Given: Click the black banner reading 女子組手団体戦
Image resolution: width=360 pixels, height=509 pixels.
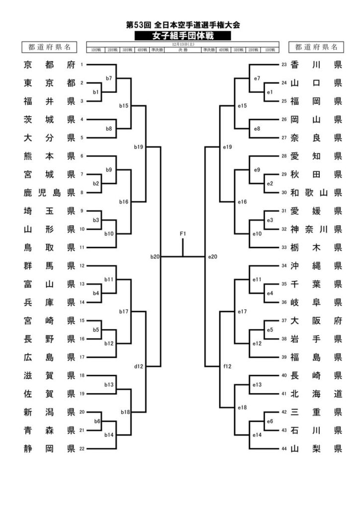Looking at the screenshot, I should pos(182,36).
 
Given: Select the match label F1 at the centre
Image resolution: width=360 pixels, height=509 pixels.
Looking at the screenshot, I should pos(183,234).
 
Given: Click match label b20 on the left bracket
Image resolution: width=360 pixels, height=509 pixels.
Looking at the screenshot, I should pos(155,257).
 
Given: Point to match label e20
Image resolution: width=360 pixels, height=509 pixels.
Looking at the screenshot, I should pos(213,257).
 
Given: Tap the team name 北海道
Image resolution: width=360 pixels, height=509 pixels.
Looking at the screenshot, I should pos(316,394).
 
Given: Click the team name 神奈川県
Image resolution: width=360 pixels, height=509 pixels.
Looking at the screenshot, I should pos(316,229).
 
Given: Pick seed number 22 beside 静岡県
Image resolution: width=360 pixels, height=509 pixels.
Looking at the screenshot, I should pos(82,449).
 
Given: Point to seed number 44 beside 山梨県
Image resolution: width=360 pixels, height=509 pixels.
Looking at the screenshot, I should pos(284,449).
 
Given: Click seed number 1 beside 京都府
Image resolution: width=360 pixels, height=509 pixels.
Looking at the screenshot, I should pos(82,65).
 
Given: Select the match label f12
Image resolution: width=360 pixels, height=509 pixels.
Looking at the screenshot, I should pos(228,366).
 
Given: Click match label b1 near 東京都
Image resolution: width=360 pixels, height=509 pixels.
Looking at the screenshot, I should pos(96,92).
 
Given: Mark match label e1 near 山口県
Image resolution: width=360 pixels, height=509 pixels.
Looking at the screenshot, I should pos(270,92).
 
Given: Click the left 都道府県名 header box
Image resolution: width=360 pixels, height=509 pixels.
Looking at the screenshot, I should pos(49,47).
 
